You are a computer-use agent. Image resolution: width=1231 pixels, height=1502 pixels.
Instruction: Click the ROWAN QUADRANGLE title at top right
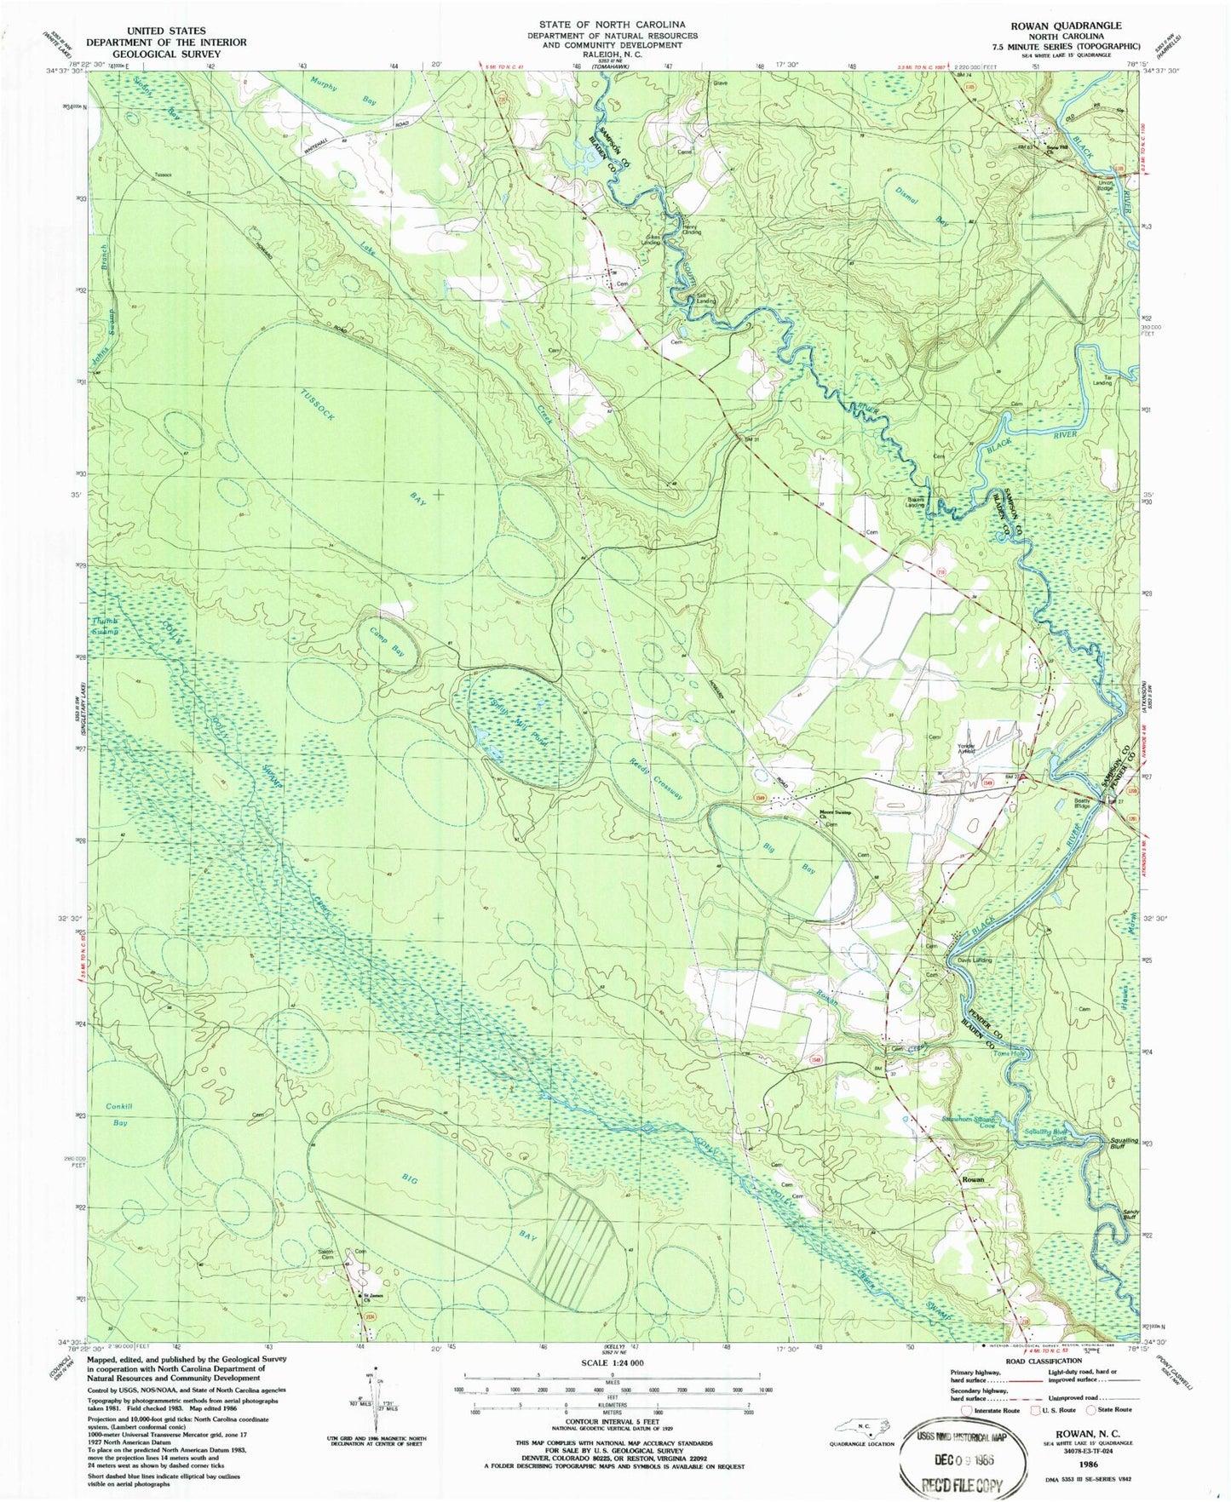coord(1075,26)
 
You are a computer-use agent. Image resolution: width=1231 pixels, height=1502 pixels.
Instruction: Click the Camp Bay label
coord(387,640)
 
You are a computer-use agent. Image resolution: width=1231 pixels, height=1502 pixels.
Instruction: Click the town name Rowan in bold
coord(973,1179)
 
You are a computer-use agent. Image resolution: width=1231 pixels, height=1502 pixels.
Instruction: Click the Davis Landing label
coord(975,960)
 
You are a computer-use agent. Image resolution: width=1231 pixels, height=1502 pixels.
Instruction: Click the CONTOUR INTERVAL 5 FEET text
coord(611,1419)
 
